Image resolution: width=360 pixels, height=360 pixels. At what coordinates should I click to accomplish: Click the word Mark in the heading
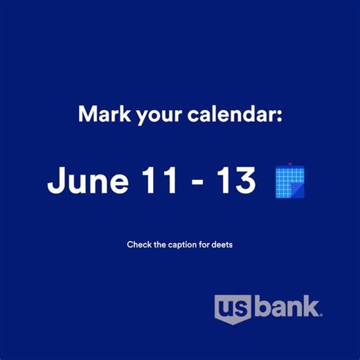click(102, 114)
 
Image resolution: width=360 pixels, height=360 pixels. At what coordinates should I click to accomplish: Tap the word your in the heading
click(153, 115)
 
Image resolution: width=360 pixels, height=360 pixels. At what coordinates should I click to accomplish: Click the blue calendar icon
click(289, 181)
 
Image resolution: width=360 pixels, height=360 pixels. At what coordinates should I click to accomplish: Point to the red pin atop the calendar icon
click(290, 164)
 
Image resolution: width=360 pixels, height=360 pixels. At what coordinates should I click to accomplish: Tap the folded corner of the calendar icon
click(298, 190)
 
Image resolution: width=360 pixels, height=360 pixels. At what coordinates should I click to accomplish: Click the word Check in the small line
click(138, 244)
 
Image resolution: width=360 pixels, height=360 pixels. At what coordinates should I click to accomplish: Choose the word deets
click(220, 244)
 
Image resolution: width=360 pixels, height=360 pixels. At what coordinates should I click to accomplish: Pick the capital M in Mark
click(88, 114)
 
